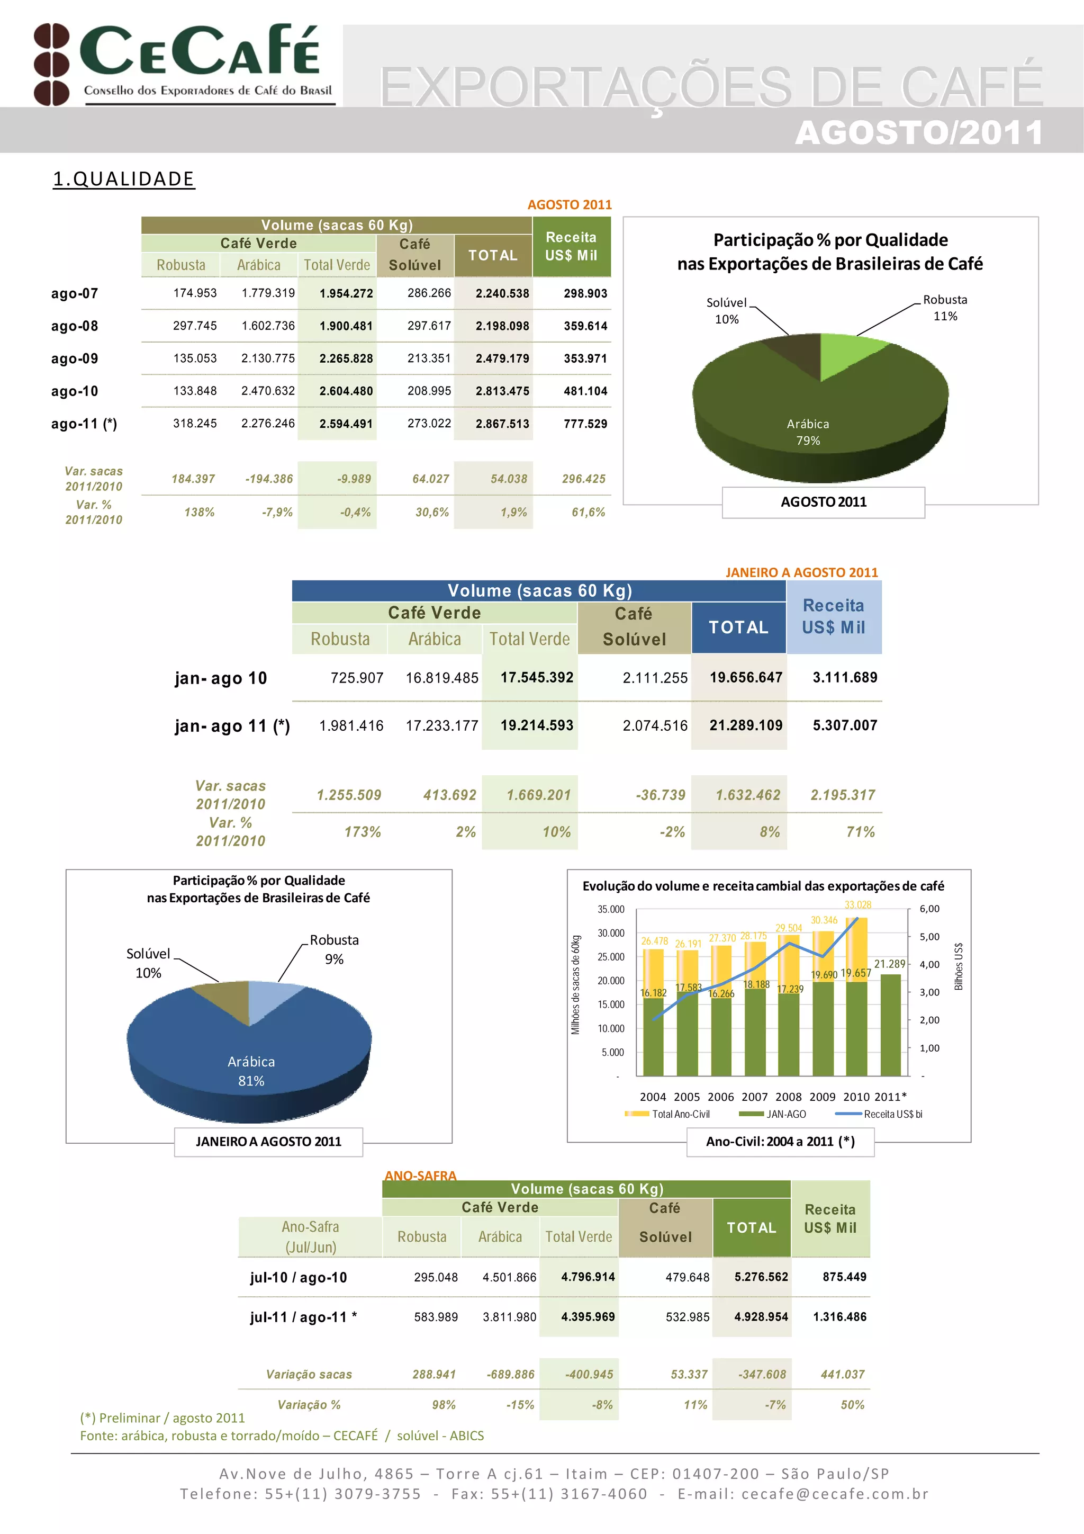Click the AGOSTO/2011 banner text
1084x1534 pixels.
click(918, 132)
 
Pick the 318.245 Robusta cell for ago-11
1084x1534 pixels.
click(194, 424)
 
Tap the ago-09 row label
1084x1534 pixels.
click(74, 359)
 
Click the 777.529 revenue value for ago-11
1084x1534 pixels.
click(585, 424)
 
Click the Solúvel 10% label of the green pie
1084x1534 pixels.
click(727, 311)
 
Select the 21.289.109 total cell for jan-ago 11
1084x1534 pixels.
click(745, 725)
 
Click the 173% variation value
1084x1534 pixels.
click(362, 832)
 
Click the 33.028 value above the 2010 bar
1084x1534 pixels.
click(857, 904)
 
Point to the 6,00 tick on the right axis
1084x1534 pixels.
click(929, 909)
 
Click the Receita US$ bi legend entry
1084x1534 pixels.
click(892, 1114)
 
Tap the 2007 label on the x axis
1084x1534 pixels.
click(754, 1097)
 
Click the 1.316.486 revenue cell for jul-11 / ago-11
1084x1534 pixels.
click(839, 1316)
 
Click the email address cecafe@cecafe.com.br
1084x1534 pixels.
click(835, 1494)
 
